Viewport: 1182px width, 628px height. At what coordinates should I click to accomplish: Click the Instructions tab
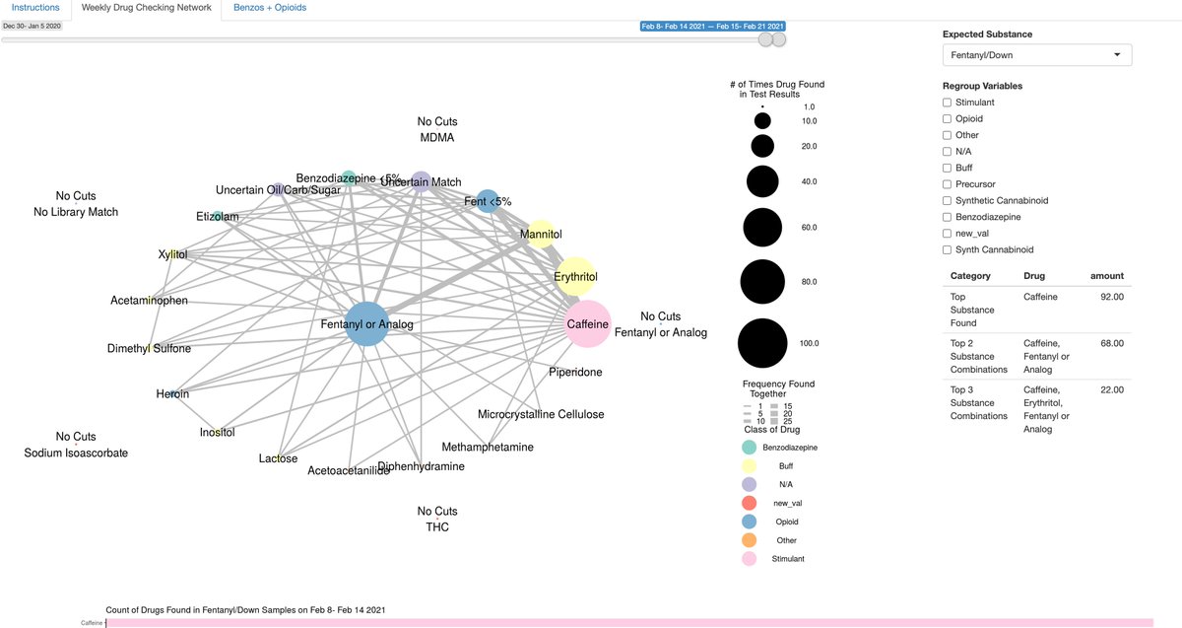pyautogui.click(x=35, y=8)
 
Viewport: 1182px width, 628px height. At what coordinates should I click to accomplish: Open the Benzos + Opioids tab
pyautogui.click(x=270, y=8)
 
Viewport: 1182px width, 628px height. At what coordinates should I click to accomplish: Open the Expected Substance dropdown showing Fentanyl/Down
pyautogui.click(x=1036, y=55)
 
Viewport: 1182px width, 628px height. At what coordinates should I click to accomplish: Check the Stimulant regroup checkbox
pyautogui.click(x=948, y=103)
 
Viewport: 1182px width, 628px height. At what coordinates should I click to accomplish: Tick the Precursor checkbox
pyautogui.click(x=948, y=184)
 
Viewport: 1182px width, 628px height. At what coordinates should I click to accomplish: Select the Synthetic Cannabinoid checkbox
pyautogui.click(x=948, y=200)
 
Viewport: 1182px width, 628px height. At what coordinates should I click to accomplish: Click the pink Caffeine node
pyautogui.click(x=588, y=323)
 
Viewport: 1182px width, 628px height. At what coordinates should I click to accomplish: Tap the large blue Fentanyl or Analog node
pyautogui.click(x=366, y=324)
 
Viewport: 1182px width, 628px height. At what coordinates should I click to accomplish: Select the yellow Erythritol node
pyautogui.click(x=575, y=277)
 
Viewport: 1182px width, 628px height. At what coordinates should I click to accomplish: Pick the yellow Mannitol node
pyautogui.click(x=541, y=235)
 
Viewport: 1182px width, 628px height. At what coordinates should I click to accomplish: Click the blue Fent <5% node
pyautogui.click(x=488, y=202)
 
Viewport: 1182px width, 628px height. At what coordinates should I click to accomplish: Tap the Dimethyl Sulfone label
pyautogui.click(x=150, y=348)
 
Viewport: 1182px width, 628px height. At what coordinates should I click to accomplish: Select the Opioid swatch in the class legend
pyautogui.click(x=750, y=522)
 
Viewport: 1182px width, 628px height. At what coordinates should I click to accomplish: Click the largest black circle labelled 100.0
pyautogui.click(x=762, y=344)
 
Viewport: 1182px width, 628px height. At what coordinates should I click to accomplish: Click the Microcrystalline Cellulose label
pyautogui.click(x=541, y=414)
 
